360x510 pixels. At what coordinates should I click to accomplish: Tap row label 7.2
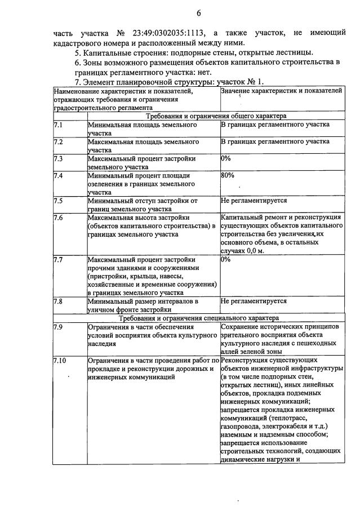(58, 141)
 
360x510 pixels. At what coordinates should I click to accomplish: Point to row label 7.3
(58, 159)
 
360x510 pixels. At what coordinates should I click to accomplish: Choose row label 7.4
(58, 176)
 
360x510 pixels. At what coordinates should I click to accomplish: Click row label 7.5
(58, 201)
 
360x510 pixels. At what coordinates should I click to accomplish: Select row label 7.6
(58, 218)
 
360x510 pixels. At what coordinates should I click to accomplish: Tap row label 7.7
(58, 260)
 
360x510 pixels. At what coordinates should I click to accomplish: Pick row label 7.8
(58, 301)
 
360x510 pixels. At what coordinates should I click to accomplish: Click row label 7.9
(58, 326)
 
